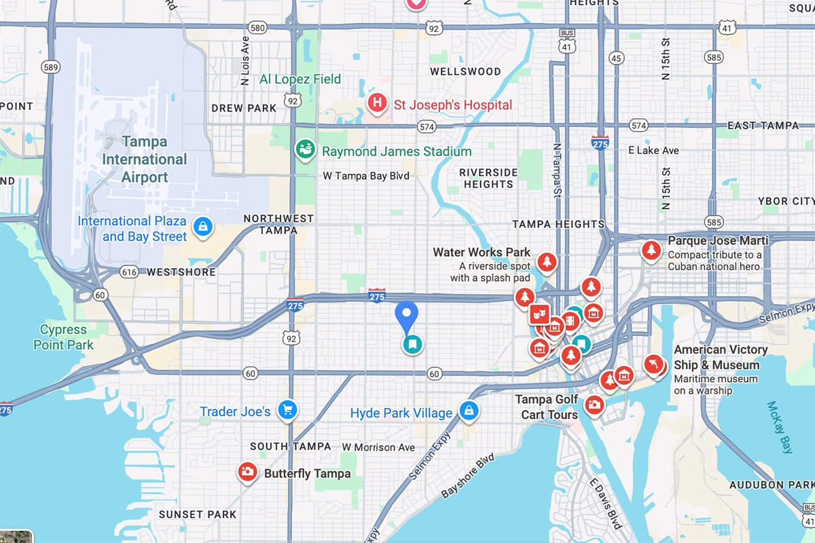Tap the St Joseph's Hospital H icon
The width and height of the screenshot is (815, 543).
[x=376, y=104]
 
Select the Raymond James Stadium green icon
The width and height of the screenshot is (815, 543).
[x=304, y=151]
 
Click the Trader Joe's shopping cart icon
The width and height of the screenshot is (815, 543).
[x=289, y=410]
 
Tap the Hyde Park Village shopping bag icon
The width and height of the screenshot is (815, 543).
[x=468, y=411]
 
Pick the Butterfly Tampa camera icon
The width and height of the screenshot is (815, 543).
[x=247, y=472]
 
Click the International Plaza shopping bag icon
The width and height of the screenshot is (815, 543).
[x=202, y=227]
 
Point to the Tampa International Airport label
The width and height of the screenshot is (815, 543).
[x=144, y=160]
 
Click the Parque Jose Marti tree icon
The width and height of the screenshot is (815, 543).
[x=651, y=250]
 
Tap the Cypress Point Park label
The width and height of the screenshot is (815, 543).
[x=63, y=337]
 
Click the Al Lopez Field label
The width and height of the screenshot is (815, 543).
[x=300, y=79]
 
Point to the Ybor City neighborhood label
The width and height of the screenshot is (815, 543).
[x=786, y=201]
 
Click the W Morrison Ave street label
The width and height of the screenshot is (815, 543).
[x=378, y=447]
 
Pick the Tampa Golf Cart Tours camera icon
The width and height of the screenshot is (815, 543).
[x=594, y=405]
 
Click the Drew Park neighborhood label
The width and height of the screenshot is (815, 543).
[x=244, y=108]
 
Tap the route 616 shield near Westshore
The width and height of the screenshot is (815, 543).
[x=129, y=271]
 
